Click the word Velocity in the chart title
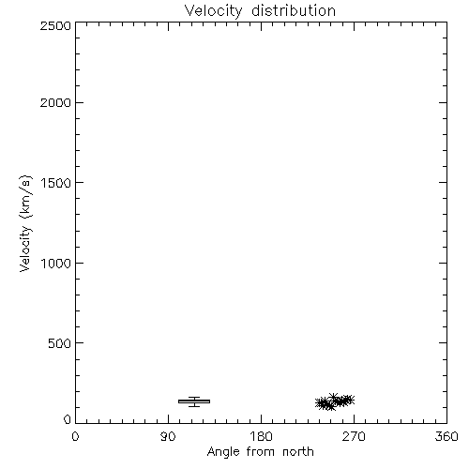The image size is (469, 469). click(213, 11)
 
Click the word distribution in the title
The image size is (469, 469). click(294, 10)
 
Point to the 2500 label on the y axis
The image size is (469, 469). click(55, 25)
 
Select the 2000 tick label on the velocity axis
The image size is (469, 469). click(55, 102)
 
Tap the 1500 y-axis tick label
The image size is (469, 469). click(56, 183)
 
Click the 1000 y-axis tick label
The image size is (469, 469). click(56, 263)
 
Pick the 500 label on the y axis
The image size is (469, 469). click(60, 343)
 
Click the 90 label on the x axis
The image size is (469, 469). click(168, 436)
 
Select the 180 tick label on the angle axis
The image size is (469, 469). click(261, 436)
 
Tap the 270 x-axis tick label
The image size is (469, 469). click(354, 436)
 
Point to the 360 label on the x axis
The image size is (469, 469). click(446, 436)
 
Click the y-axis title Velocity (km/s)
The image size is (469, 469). click(25, 223)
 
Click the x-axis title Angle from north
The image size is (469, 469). click(261, 452)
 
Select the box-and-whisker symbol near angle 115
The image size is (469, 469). click(194, 401)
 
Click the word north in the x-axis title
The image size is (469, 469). click(298, 451)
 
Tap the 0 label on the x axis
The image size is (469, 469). click(75, 436)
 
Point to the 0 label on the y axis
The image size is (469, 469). click(68, 419)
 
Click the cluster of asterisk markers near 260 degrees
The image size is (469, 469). click(335, 401)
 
